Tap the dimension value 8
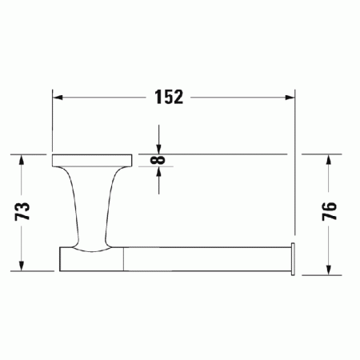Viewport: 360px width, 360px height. (x=160, y=160)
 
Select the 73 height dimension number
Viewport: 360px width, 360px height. (x=23, y=211)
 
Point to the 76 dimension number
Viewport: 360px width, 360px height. (x=328, y=211)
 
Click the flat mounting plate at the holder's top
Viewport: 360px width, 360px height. (x=91, y=160)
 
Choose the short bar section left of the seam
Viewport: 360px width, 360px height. (x=92, y=259)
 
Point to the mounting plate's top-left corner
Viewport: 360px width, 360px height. (x=53, y=154)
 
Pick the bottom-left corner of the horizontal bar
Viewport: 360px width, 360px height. (x=61, y=270)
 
